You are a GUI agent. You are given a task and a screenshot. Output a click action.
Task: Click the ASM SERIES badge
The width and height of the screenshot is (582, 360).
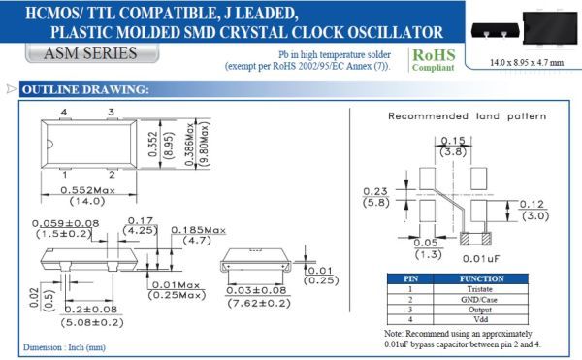92,53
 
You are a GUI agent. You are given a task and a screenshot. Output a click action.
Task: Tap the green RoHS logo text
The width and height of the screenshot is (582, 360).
434,55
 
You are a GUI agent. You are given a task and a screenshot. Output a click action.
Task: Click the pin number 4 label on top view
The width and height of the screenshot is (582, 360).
64,112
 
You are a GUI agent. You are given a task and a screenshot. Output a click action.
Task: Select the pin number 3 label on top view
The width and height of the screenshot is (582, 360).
112,112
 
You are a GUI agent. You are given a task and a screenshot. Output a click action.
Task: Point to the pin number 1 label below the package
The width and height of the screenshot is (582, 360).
65,175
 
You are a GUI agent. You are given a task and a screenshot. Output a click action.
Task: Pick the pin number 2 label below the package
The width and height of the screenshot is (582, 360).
112,175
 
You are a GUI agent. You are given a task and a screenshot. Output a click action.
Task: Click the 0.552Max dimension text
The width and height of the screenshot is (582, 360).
87,190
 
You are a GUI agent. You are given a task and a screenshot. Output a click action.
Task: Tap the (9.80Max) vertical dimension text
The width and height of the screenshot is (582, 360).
205,144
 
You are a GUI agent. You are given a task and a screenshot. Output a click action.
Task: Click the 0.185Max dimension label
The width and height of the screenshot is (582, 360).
198,231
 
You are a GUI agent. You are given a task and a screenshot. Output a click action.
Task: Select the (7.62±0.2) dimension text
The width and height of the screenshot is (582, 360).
259,303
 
